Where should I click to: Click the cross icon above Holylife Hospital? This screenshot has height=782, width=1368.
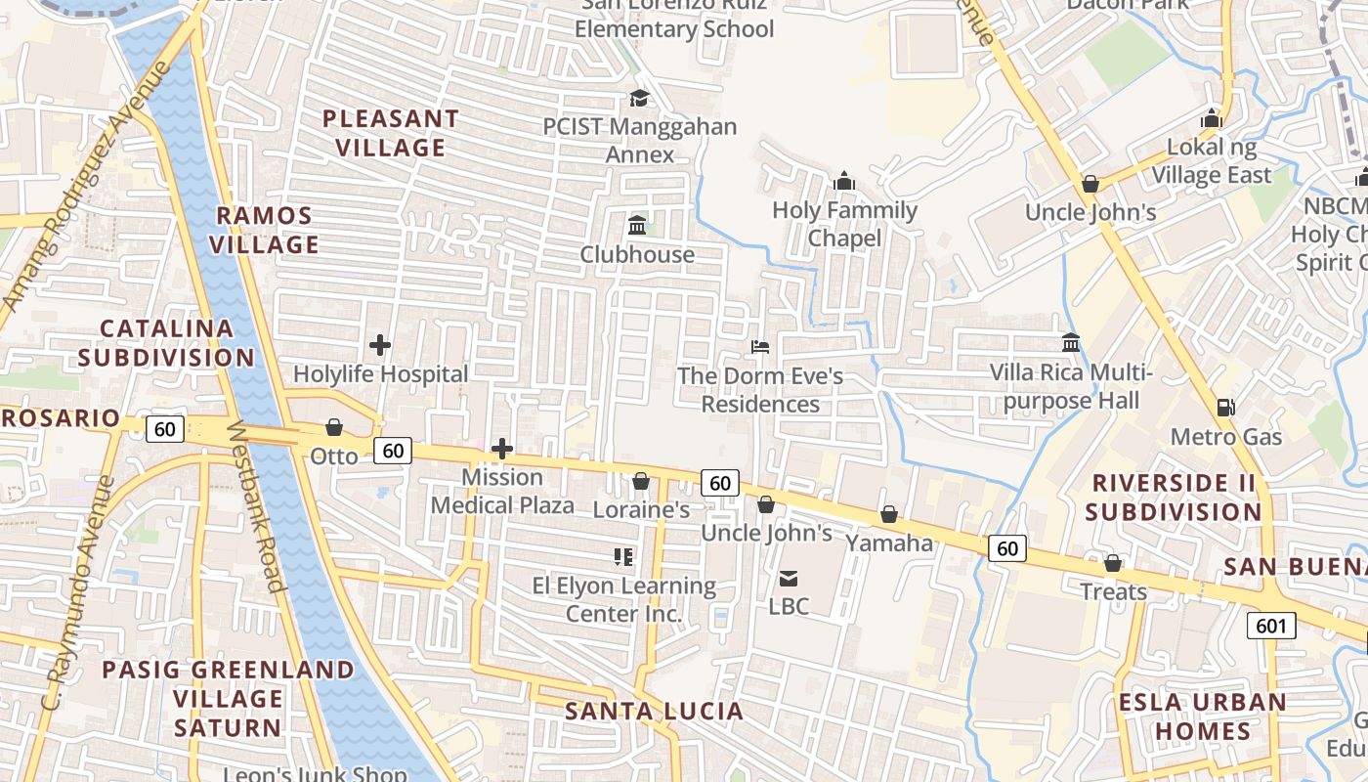[x=380, y=345]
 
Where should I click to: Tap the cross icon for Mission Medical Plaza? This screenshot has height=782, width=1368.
[x=502, y=449]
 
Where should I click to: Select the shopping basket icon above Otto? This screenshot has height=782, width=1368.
[x=334, y=427]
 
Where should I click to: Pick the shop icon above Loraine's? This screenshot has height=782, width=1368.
[x=641, y=481]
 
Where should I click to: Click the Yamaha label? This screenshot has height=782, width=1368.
[x=889, y=543]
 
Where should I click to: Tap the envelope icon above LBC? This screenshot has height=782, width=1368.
[x=789, y=578]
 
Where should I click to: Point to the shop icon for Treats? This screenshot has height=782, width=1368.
[x=1112, y=563]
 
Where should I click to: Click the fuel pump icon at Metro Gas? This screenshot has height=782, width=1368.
[x=1224, y=407]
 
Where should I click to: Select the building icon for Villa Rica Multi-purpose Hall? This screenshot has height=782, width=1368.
[x=1071, y=343]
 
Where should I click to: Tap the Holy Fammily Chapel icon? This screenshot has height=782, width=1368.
[x=844, y=181]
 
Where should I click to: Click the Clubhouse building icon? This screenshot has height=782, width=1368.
[x=638, y=226]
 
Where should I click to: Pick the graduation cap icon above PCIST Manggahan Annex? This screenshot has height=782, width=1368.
[x=640, y=98]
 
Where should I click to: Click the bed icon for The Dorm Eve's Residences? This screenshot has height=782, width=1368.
[x=760, y=346]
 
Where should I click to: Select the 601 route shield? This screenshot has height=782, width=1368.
[x=1271, y=625]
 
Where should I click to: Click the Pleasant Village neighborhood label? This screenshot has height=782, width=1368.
[x=391, y=133]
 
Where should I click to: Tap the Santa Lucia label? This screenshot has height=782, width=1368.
[x=654, y=711]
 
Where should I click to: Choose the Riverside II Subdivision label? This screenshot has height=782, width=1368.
[x=1173, y=497]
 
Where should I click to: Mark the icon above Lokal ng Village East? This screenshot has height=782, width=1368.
[x=1212, y=118]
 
